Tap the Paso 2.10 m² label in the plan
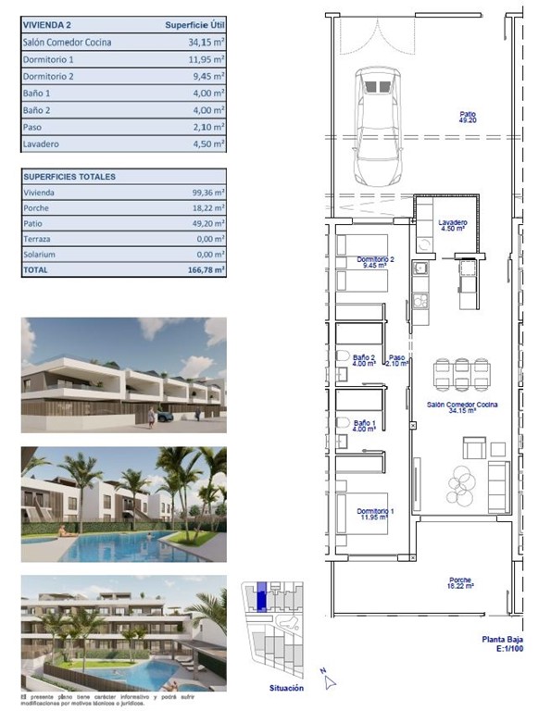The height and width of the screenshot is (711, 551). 396,360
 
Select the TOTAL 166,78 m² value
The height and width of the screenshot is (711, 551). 207,269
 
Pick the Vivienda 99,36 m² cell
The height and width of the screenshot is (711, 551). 207,192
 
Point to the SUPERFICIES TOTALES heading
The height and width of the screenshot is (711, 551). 69,176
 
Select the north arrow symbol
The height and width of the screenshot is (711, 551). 327,682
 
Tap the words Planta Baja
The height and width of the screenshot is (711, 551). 505,639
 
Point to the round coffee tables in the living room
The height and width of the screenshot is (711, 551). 460,480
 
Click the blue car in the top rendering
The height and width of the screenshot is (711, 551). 164,416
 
